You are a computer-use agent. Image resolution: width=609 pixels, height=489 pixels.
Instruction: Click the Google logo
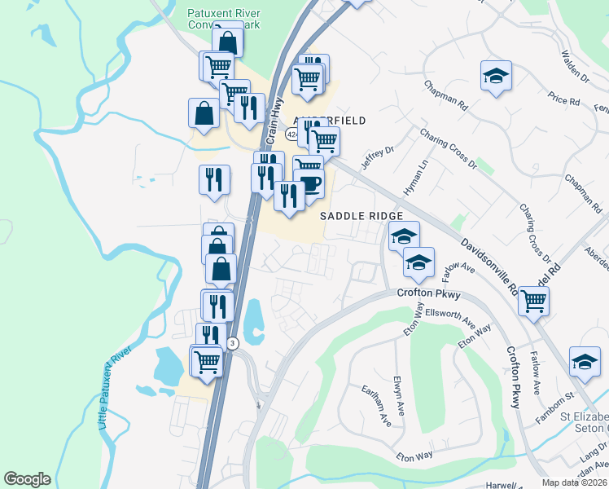(x=27, y=479)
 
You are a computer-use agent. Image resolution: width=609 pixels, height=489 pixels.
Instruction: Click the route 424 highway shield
(x=291, y=134)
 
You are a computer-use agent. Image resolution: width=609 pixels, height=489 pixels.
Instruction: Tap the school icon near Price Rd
(x=496, y=76)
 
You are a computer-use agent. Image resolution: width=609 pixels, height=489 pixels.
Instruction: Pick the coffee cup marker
(x=310, y=183)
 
